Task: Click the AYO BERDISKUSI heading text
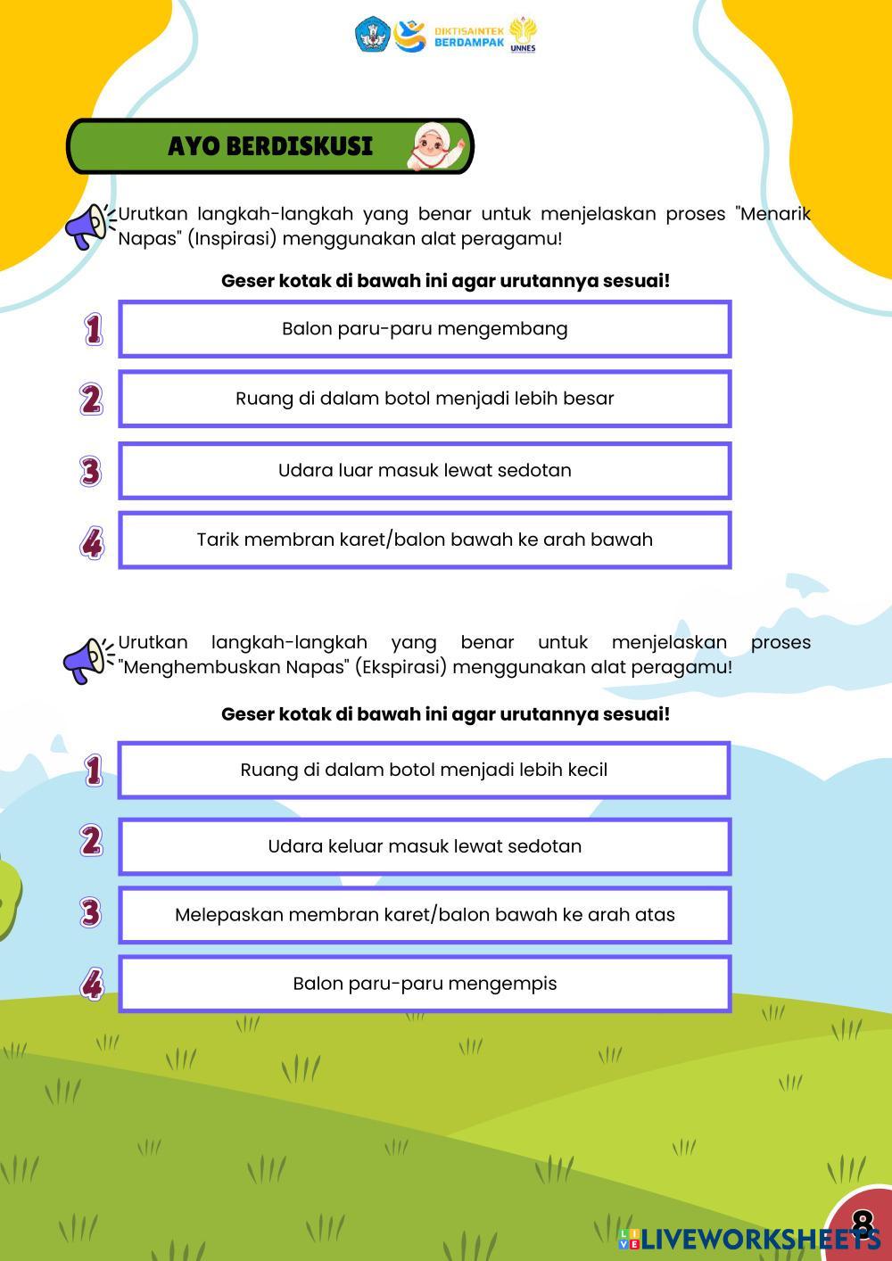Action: [269, 145]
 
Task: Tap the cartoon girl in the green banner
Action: [436, 145]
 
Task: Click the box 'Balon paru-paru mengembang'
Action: [425, 329]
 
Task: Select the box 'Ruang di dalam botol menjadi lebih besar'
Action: [425, 399]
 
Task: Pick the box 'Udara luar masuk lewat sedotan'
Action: [425, 470]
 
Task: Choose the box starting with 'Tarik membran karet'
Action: [425, 540]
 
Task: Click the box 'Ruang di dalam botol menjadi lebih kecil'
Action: [425, 770]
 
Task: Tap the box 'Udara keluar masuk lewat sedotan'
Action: [425, 846]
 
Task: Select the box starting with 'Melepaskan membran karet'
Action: [425, 915]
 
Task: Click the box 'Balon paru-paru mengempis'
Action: [425, 984]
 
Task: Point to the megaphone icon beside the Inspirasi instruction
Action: [89, 227]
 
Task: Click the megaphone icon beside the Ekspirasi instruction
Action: [87, 660]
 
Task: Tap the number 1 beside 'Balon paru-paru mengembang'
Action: [93, 329]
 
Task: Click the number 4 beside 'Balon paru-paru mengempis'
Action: [92, 985]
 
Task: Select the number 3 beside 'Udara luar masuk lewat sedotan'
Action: [90, 471]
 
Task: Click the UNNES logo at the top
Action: [523, 36]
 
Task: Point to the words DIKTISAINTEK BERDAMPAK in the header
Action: [469, 37]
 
